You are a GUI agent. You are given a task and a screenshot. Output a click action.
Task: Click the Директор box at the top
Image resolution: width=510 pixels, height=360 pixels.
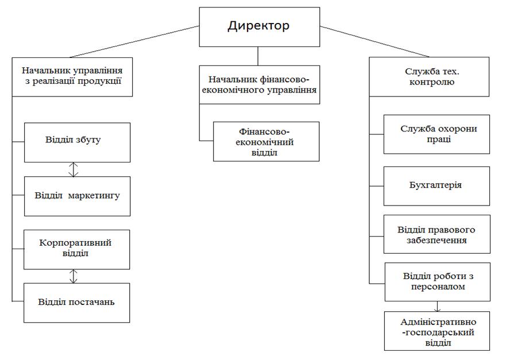click(258, 26)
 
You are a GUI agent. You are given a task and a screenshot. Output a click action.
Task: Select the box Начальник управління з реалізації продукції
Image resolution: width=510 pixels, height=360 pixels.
click(72, 76)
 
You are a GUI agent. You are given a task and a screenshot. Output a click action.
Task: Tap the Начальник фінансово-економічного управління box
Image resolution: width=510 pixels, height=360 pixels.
click(259, 84)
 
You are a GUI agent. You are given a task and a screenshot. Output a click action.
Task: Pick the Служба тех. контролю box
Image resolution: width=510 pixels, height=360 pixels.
click(430, 76)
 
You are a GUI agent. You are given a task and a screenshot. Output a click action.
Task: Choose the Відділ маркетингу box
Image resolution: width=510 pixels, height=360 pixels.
click(77, 196)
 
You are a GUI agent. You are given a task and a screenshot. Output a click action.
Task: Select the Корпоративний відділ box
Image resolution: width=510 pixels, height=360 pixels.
click(77, 249)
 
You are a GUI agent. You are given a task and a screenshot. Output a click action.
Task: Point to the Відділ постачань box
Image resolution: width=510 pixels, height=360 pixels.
click(77, 302)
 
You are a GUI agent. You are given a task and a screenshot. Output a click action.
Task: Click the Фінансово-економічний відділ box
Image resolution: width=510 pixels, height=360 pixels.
click(266, 141)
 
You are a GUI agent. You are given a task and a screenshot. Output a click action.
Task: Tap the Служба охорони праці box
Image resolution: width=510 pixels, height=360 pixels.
click(436, 134)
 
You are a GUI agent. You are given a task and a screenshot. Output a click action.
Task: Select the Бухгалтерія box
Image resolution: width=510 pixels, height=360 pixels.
click(436, 186)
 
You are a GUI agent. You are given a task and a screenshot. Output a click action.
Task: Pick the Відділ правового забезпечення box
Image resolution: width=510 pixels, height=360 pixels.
click(436, 234)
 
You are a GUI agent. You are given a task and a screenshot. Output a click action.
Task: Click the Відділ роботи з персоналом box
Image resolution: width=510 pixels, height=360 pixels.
click(436, 281)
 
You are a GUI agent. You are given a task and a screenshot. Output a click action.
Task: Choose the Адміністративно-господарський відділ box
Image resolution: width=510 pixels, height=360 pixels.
click(436, 331)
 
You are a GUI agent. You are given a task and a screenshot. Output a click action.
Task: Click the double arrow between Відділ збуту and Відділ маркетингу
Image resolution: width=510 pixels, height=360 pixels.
click(73, 169)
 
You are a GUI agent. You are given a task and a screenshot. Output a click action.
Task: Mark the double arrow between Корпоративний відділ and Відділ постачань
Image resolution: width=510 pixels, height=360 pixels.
click(73, 276)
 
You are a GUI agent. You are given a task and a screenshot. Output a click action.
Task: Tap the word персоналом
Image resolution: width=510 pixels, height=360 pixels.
click(438, 287)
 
